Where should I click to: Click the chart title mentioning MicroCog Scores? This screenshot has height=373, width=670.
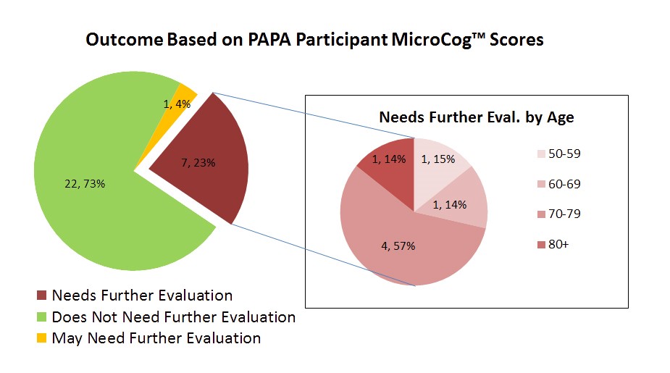click(x=314, y=40)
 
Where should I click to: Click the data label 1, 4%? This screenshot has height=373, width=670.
click(x=177, y=104)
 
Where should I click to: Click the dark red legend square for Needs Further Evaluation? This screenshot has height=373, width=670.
click(x=41, y=296)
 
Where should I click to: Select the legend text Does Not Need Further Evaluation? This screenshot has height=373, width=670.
click(x=173, y=317)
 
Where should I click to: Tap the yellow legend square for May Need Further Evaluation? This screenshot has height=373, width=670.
click(x=41, y=338)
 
